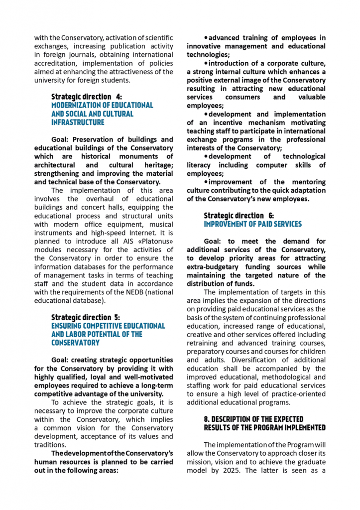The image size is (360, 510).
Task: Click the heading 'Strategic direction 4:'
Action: (86, 97)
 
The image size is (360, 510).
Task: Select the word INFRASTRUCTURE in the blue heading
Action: (78, 122)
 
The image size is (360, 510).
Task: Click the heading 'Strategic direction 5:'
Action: (86, 317)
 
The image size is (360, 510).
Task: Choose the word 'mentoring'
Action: (305, 182)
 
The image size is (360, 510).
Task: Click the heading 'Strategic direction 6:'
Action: (239, 216)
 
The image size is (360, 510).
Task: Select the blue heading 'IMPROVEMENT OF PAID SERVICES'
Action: (252, 224)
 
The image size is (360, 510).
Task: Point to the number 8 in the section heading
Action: (207, 419)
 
